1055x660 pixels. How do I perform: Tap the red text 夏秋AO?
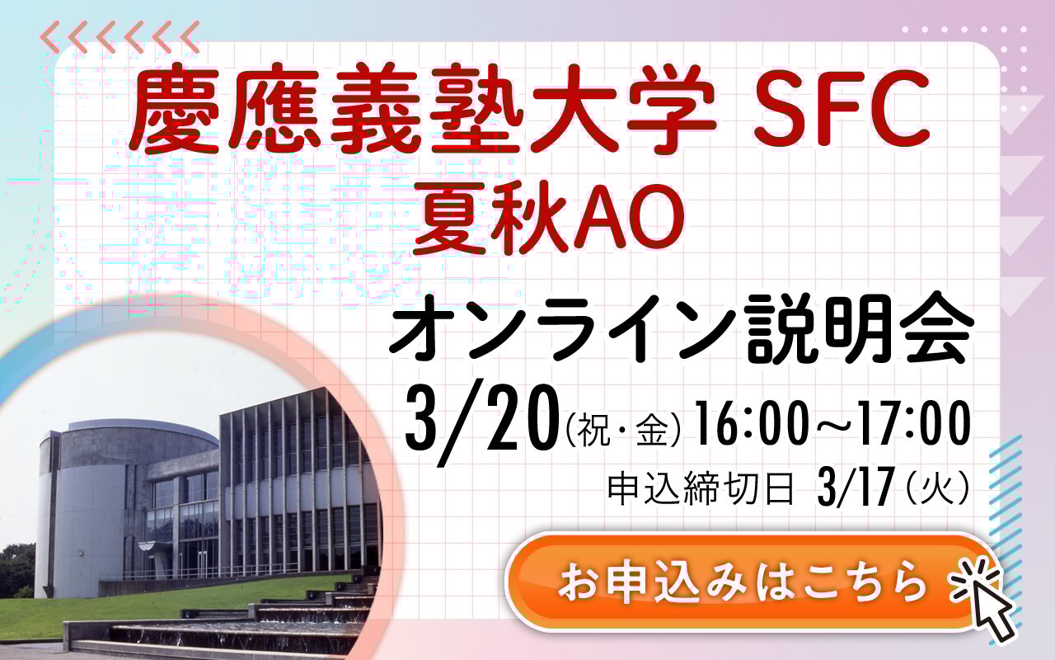(548, 217)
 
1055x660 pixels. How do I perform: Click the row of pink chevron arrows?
(120, 36)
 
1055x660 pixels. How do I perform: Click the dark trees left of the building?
(17, 569)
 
